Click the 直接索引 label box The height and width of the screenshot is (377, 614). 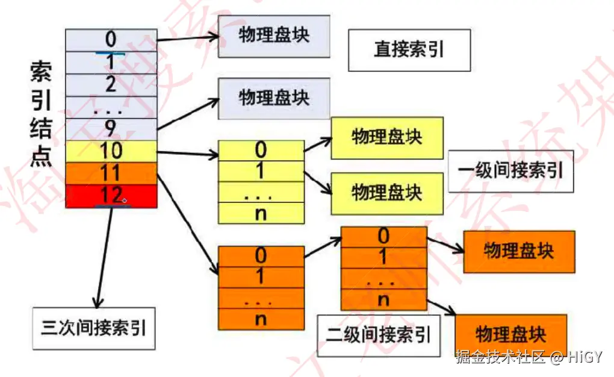[409, 50]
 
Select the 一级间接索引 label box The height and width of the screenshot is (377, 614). [510, 170]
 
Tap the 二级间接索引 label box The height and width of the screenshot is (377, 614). [379, 334]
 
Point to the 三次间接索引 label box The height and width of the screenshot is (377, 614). [94, 328]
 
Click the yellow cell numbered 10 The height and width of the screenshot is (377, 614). [111, 151]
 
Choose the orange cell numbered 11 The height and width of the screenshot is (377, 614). [111, 173]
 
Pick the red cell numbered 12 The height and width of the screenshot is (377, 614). [111, 196]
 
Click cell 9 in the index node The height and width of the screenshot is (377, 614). [111, 128]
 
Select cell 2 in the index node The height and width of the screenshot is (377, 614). [111, 84]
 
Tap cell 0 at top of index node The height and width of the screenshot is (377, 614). [111, 40]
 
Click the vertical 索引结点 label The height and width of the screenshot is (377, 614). [41, 114]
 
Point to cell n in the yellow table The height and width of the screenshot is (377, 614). [261, 213]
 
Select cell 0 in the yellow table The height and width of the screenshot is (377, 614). [261, 150]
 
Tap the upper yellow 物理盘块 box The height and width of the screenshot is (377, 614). [386, 138]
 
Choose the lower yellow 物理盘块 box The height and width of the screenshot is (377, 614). [386, 192]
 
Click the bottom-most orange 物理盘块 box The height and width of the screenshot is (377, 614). [510, 334]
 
